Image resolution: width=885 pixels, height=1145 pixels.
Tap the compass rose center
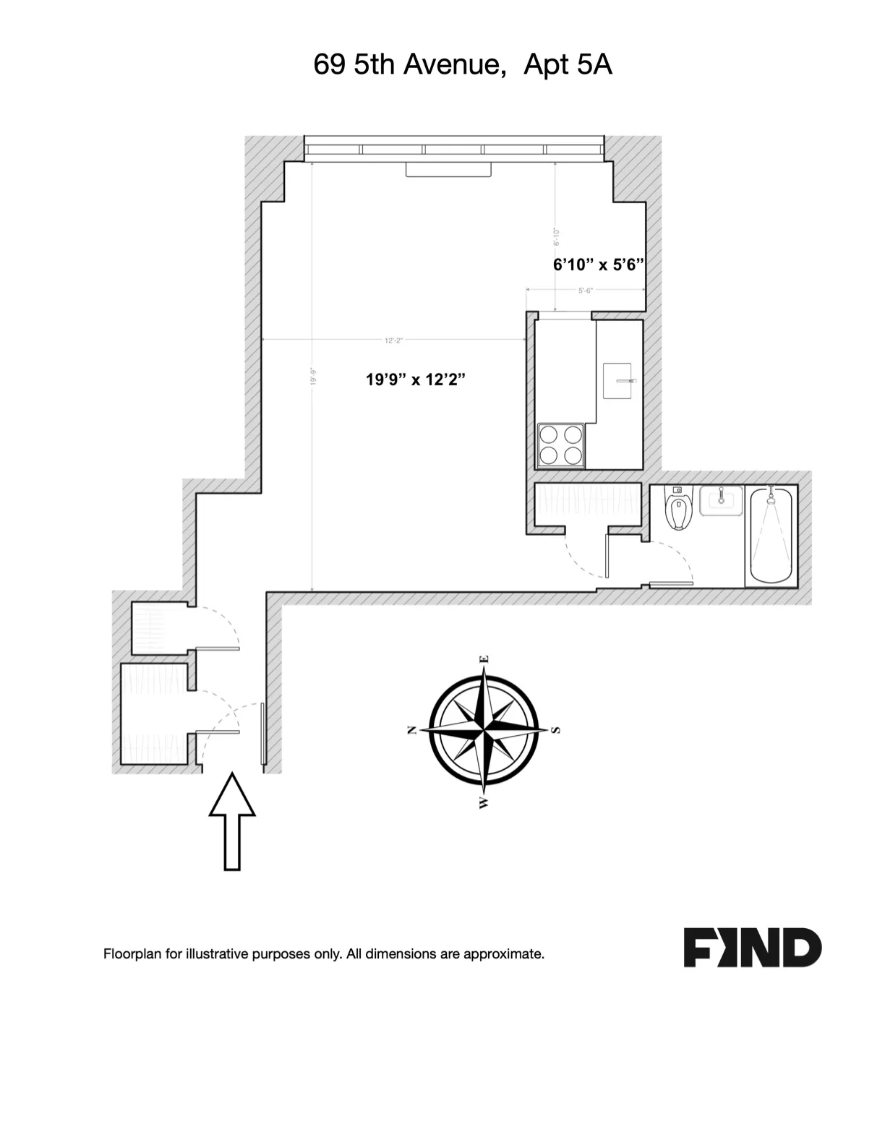point(484,730)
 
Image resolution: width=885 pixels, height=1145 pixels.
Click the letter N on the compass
point(413,730)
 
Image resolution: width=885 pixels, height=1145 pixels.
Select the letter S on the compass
point(556,730)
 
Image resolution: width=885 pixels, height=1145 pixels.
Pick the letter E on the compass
point(485,659)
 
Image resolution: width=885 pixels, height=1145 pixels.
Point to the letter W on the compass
point(483,802)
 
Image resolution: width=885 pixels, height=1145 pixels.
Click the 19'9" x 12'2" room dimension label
point(414,379)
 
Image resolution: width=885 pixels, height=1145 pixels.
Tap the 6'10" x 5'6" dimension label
point(598,265)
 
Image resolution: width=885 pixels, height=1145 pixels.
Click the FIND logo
point(752,948)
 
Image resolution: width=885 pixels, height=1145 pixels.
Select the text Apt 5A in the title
point(568,65)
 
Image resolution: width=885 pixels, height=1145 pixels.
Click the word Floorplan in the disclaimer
point(132,954)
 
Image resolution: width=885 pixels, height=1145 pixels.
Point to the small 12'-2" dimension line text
point(393,340)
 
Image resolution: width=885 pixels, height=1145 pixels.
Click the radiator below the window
point(448,169)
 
